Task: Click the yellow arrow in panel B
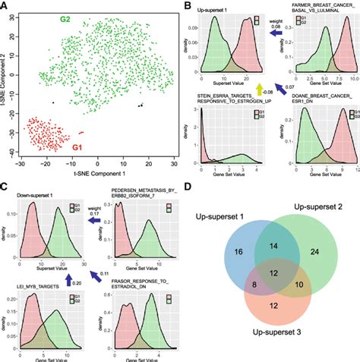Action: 260,90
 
